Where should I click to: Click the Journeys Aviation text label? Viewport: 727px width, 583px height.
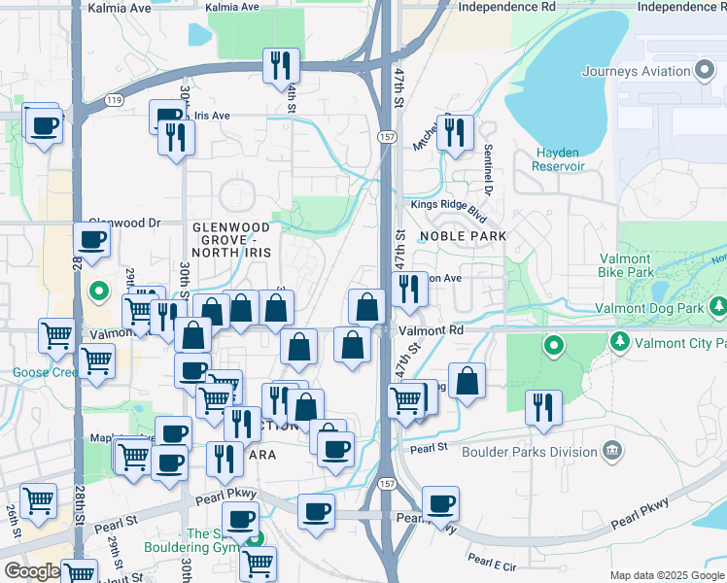tap(636, 71)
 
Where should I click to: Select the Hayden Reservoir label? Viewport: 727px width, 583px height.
tap(557, 159)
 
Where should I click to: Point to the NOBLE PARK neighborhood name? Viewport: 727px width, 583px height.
tap(464, 236)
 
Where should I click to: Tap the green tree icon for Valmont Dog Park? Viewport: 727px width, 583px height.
tap(718, 308)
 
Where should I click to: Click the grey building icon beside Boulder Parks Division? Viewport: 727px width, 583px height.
tap(612, 451)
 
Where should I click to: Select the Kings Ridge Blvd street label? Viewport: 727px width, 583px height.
tap(448, 205)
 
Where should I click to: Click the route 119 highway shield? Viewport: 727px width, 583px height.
tap(116, 100)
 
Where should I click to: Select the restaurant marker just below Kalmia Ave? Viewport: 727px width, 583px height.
tap(281, 65)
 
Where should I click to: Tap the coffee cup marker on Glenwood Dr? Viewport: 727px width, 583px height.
tap(92, 239)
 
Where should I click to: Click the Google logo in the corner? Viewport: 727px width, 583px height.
tap(31, 571)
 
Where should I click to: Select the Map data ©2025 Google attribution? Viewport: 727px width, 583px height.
tap(667, 575)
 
